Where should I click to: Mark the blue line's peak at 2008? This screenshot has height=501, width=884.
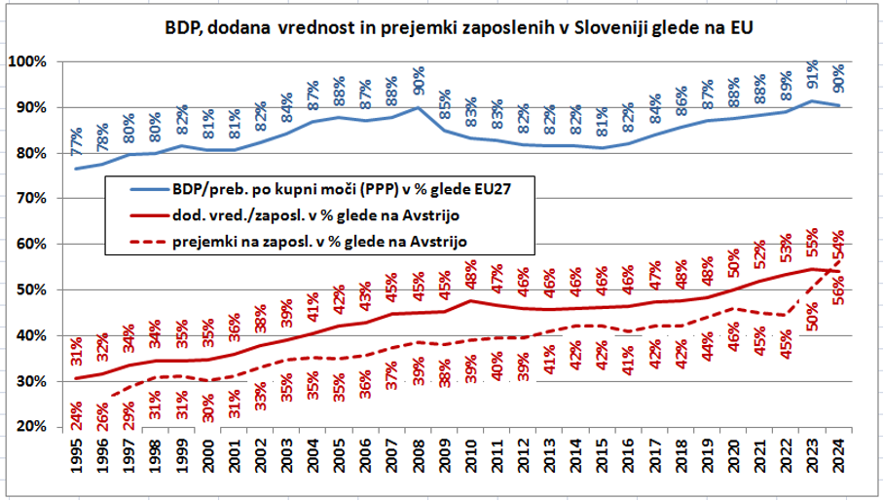[x=419, y=107]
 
